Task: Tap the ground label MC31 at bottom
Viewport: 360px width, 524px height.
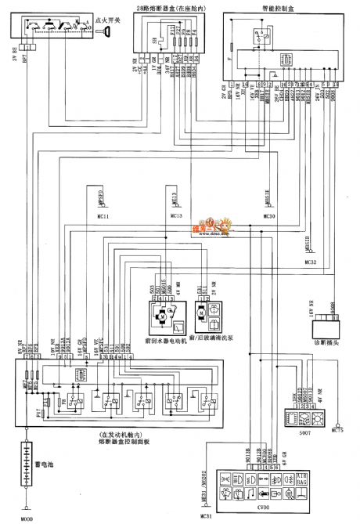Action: (x=206, y=516)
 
